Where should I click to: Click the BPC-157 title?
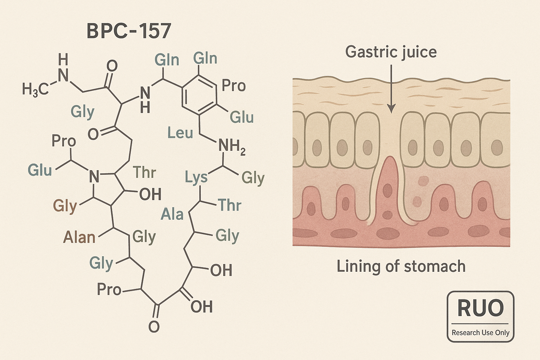click(x=129, y=31)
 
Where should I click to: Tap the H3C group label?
click(x=35, y=89)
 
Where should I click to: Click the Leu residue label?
click(x=180, y=133)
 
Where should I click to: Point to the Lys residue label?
click(x=196, y=178)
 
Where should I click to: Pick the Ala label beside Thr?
click(x=172, y=214)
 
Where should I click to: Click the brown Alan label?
click(x=79, y=238)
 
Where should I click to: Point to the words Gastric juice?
click(x=391, y=52)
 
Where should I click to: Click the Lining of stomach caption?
click(x=401, y=266)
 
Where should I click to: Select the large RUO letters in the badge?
click(x=480, y=308)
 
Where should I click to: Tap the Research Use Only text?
click(x=480, y=333)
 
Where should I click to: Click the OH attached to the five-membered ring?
click(x=150, y=194)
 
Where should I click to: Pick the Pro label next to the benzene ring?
click(x=233, y=85)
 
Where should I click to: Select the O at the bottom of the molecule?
click(x=154, y=327)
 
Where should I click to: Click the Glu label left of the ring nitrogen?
click(x=40, y=171)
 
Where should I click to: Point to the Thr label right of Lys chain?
click(x=230, y=205)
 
